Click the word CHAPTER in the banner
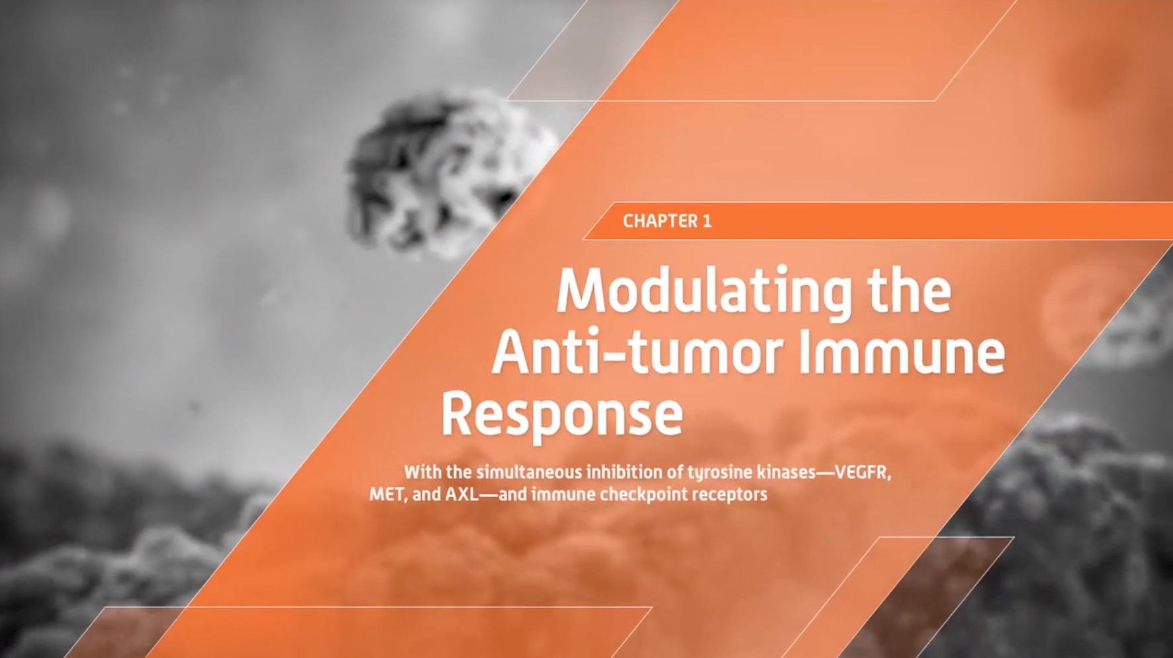(661, 221)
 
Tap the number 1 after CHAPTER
(708, 221)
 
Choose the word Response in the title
(562, 416)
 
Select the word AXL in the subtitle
(461, 494)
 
